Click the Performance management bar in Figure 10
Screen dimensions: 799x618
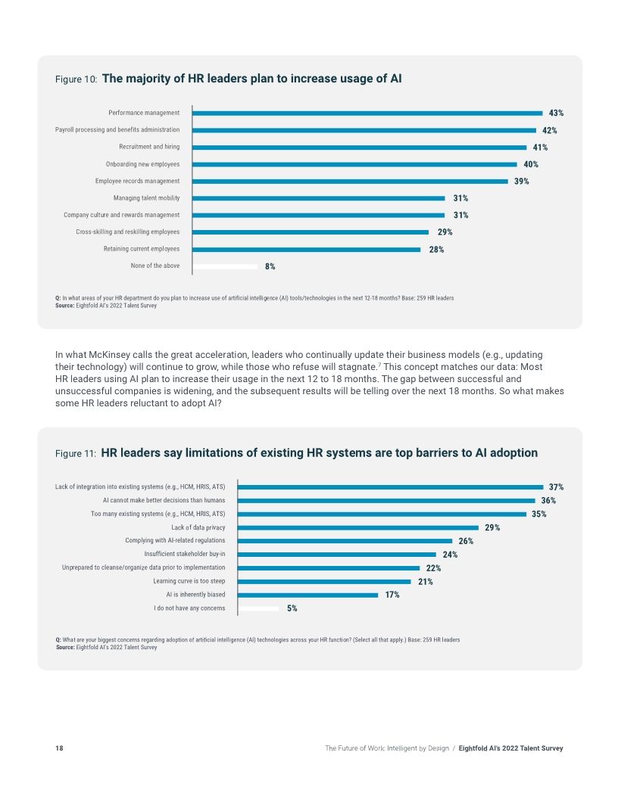point(367,113)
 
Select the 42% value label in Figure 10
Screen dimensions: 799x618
point(549,130)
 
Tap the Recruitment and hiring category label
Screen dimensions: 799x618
point(149,147)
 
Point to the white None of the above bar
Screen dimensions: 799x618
point(225,266)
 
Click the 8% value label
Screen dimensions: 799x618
point(270,266)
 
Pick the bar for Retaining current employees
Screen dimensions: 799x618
point(307,249)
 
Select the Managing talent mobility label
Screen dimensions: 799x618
point(146,198)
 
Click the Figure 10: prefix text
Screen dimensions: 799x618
point(76,79)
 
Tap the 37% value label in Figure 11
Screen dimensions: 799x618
point(556,487)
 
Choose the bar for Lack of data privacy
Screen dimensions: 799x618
point(358,527)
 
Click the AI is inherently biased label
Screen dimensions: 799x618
point(195,595)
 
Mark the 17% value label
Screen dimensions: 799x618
point(392,595)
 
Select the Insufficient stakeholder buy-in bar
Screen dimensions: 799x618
point(337,555)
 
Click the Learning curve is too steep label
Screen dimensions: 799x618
point(189,581)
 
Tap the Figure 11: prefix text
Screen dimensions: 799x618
point(76,453)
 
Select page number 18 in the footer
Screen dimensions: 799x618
point(59,748)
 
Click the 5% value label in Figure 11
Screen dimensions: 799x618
point(292,608)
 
